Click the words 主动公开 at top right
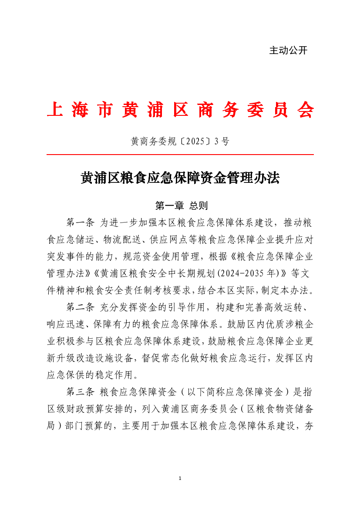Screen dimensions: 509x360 tap(288, 51)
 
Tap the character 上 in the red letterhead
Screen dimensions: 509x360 tap(54, 111)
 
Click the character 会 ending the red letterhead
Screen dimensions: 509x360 tap(305, 111)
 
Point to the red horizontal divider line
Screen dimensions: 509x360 tap(180, 155)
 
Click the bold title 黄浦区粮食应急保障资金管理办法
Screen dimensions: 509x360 tap(180, 178)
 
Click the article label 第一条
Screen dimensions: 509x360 tap(80, 222)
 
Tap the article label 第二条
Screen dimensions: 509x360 tap(80, 307)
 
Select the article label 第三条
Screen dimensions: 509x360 tap(80, 391)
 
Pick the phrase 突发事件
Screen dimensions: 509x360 tap(66, 256)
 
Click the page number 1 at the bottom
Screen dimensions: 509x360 tap(180, 479)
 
